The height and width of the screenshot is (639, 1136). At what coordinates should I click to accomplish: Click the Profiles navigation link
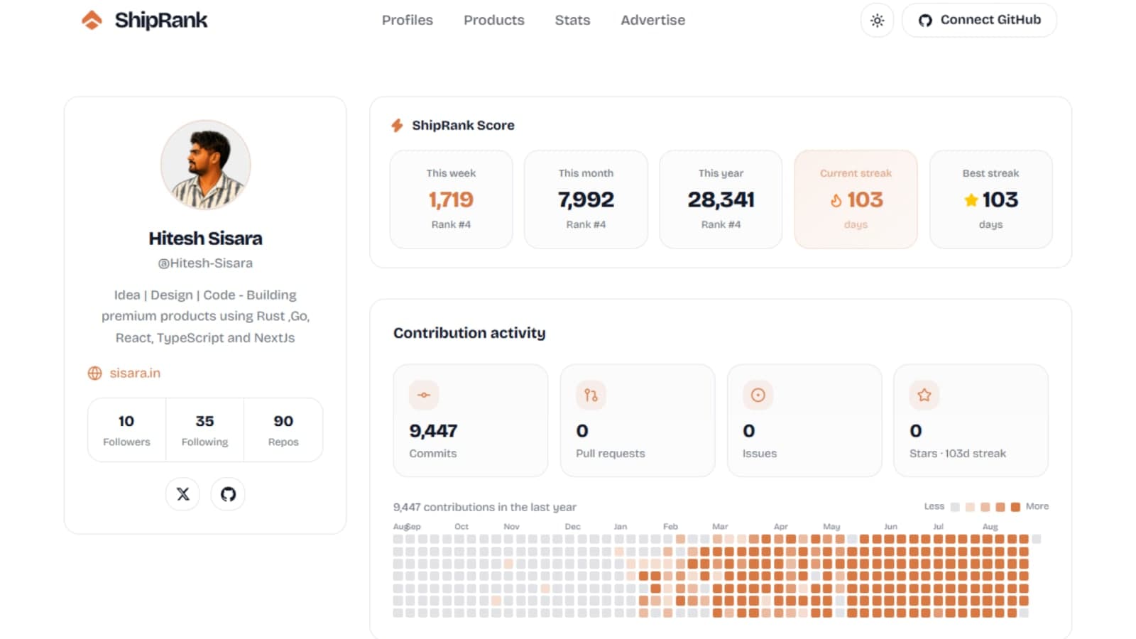pos(408,21)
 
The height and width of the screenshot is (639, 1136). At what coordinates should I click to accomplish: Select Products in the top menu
pos(494,21)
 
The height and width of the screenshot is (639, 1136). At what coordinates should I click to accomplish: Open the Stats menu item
pos(572,21)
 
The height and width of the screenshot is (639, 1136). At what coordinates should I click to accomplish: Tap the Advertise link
pos(652,21)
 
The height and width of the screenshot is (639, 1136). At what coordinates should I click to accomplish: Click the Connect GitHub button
pos(979,21)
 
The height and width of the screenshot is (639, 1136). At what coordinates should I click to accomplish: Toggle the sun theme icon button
pos(877,21)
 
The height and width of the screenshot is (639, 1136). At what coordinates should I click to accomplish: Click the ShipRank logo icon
pos(92,21)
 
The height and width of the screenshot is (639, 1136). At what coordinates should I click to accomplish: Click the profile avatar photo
pos(205,165)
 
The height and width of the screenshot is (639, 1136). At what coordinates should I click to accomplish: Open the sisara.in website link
pos(134,373)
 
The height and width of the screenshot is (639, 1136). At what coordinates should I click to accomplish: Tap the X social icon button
pos(182,494)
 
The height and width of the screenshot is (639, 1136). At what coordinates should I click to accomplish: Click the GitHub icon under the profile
pos(228,494)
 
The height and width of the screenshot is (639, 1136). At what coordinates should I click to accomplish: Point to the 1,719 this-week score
pos(451,200)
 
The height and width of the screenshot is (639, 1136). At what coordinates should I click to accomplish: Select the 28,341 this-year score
pos(721,200)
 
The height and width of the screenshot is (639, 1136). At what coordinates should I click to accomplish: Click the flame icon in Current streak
pos(836,201)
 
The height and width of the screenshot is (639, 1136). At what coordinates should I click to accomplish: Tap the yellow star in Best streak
pos(971,200)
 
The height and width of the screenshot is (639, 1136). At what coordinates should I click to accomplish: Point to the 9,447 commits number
pos(433,431)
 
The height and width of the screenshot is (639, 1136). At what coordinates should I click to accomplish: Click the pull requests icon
pos(591,395)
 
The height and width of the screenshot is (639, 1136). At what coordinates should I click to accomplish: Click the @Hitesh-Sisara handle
pos(205,263)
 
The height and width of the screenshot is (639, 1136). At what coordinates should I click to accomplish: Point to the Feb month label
pos(670,526)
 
